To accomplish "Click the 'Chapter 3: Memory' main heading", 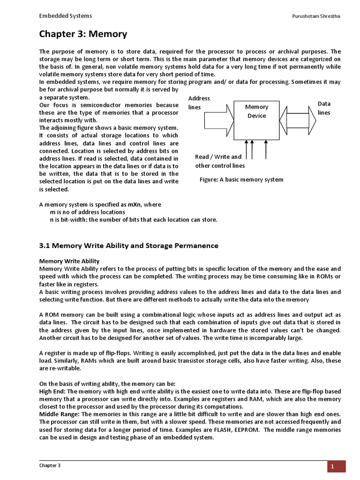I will pyautogui.click(x=82, y=34).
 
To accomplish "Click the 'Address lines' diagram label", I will pyautogui.click(x=199, y=103).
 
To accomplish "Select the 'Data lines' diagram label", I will pyautogui.click(x=324, y=108).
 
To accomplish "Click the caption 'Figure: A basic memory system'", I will pyautogui.click(x=241, y=180).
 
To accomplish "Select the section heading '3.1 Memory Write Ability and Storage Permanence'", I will pyautogui.click(x=128, y=246).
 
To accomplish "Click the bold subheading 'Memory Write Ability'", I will pyautogui.click(x=69, y=261).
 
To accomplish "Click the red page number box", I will pyautogui.click(x=337, y=466).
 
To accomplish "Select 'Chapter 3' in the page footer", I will pyautogui.click(x=50, y=465).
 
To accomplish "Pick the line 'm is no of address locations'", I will pyautogui.click(x=87, y=212).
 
